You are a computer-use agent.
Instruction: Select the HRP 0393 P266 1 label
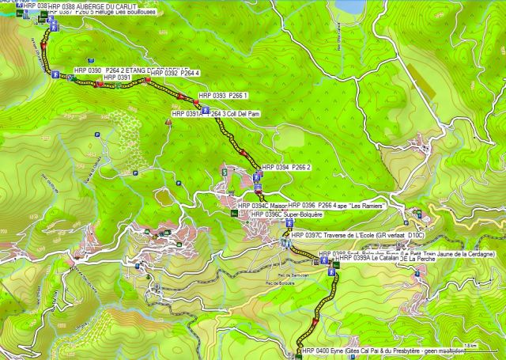tap(225, 95)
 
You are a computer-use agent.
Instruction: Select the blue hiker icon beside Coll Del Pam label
tap(206, 112)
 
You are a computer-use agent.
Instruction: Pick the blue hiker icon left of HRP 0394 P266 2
tap(259, 169)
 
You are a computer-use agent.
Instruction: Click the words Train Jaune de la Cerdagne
tap(455, 253)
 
